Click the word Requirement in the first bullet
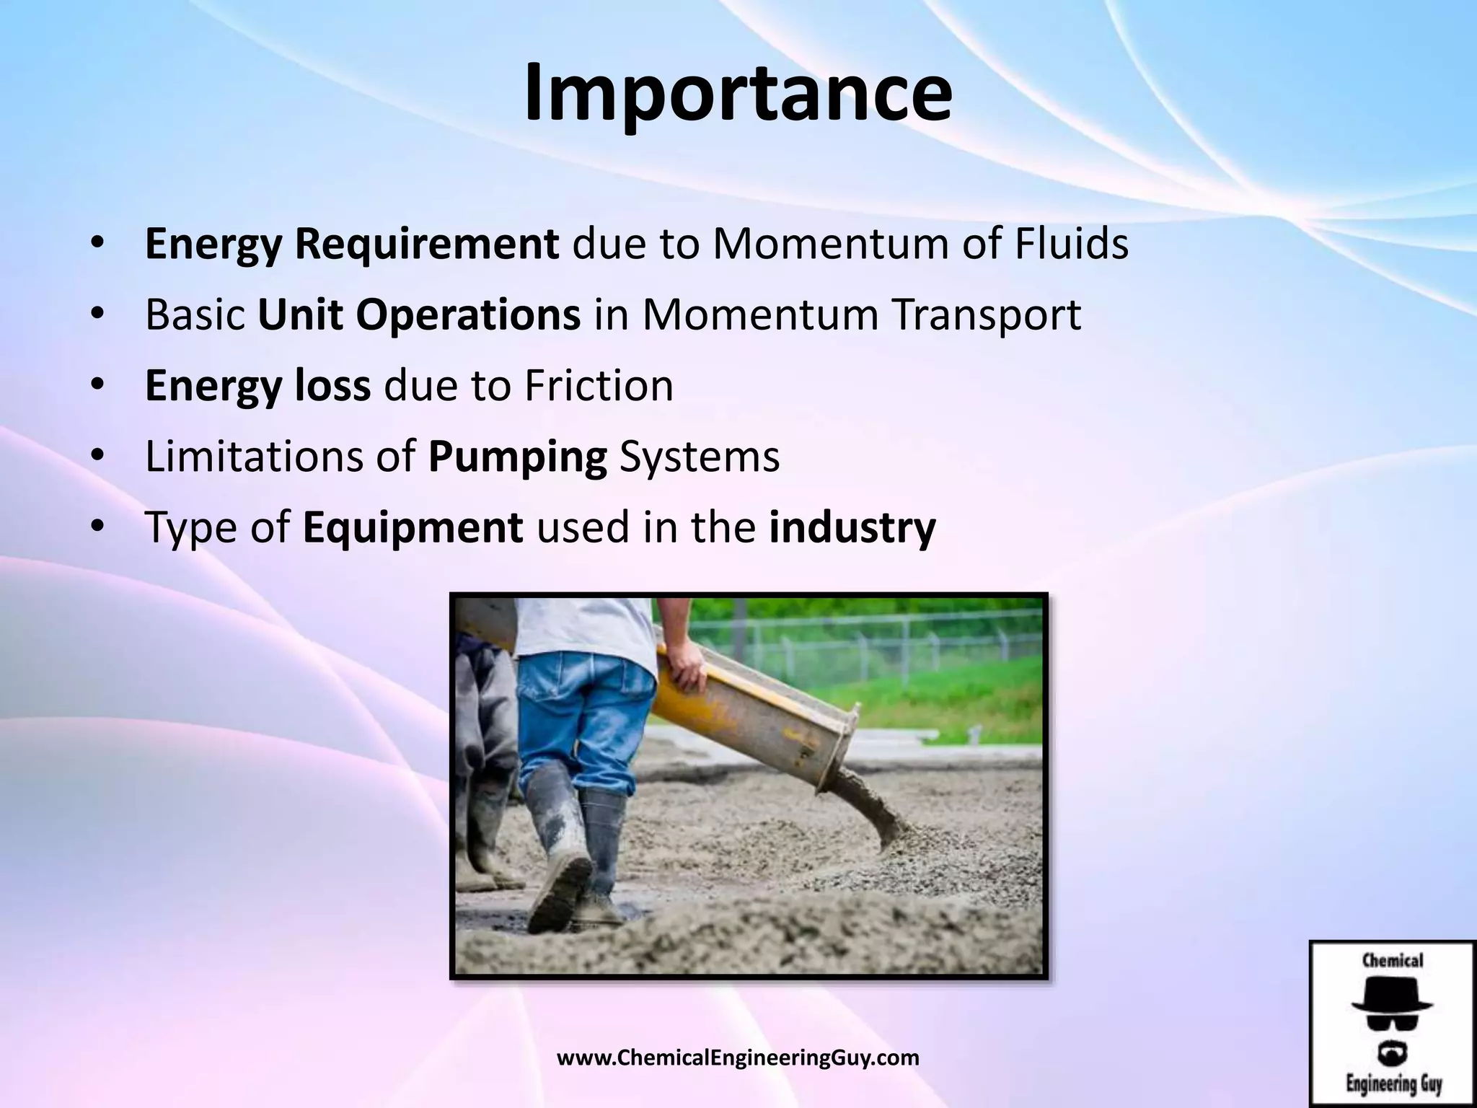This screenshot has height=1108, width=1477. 426,244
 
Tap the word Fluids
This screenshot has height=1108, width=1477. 1072,244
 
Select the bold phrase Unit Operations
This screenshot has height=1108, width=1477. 419,315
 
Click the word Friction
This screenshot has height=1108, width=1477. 599,385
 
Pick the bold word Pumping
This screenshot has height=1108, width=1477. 517,457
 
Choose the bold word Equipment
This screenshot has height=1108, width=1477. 413,527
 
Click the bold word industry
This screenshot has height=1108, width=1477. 852,527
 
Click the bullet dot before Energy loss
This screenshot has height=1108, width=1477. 98,386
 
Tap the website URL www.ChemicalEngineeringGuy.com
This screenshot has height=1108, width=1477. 738,1058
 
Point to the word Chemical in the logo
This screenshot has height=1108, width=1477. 1392,961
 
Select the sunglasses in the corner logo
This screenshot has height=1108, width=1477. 1392,1023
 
